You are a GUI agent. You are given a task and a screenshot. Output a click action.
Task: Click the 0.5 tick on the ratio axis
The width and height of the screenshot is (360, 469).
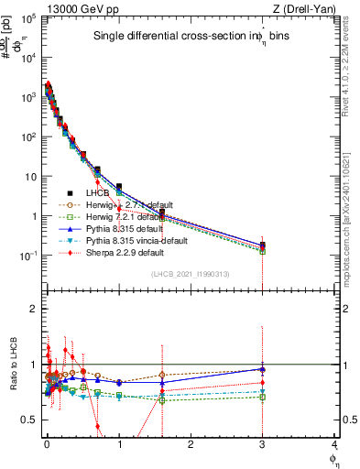point(30,420)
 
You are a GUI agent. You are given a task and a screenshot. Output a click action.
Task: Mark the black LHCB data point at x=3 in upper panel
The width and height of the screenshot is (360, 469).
point(263,245)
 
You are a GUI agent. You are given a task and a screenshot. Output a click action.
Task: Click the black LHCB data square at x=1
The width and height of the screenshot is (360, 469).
point(119,187)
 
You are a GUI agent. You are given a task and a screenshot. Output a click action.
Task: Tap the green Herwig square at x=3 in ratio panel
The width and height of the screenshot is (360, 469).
point(263,397)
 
